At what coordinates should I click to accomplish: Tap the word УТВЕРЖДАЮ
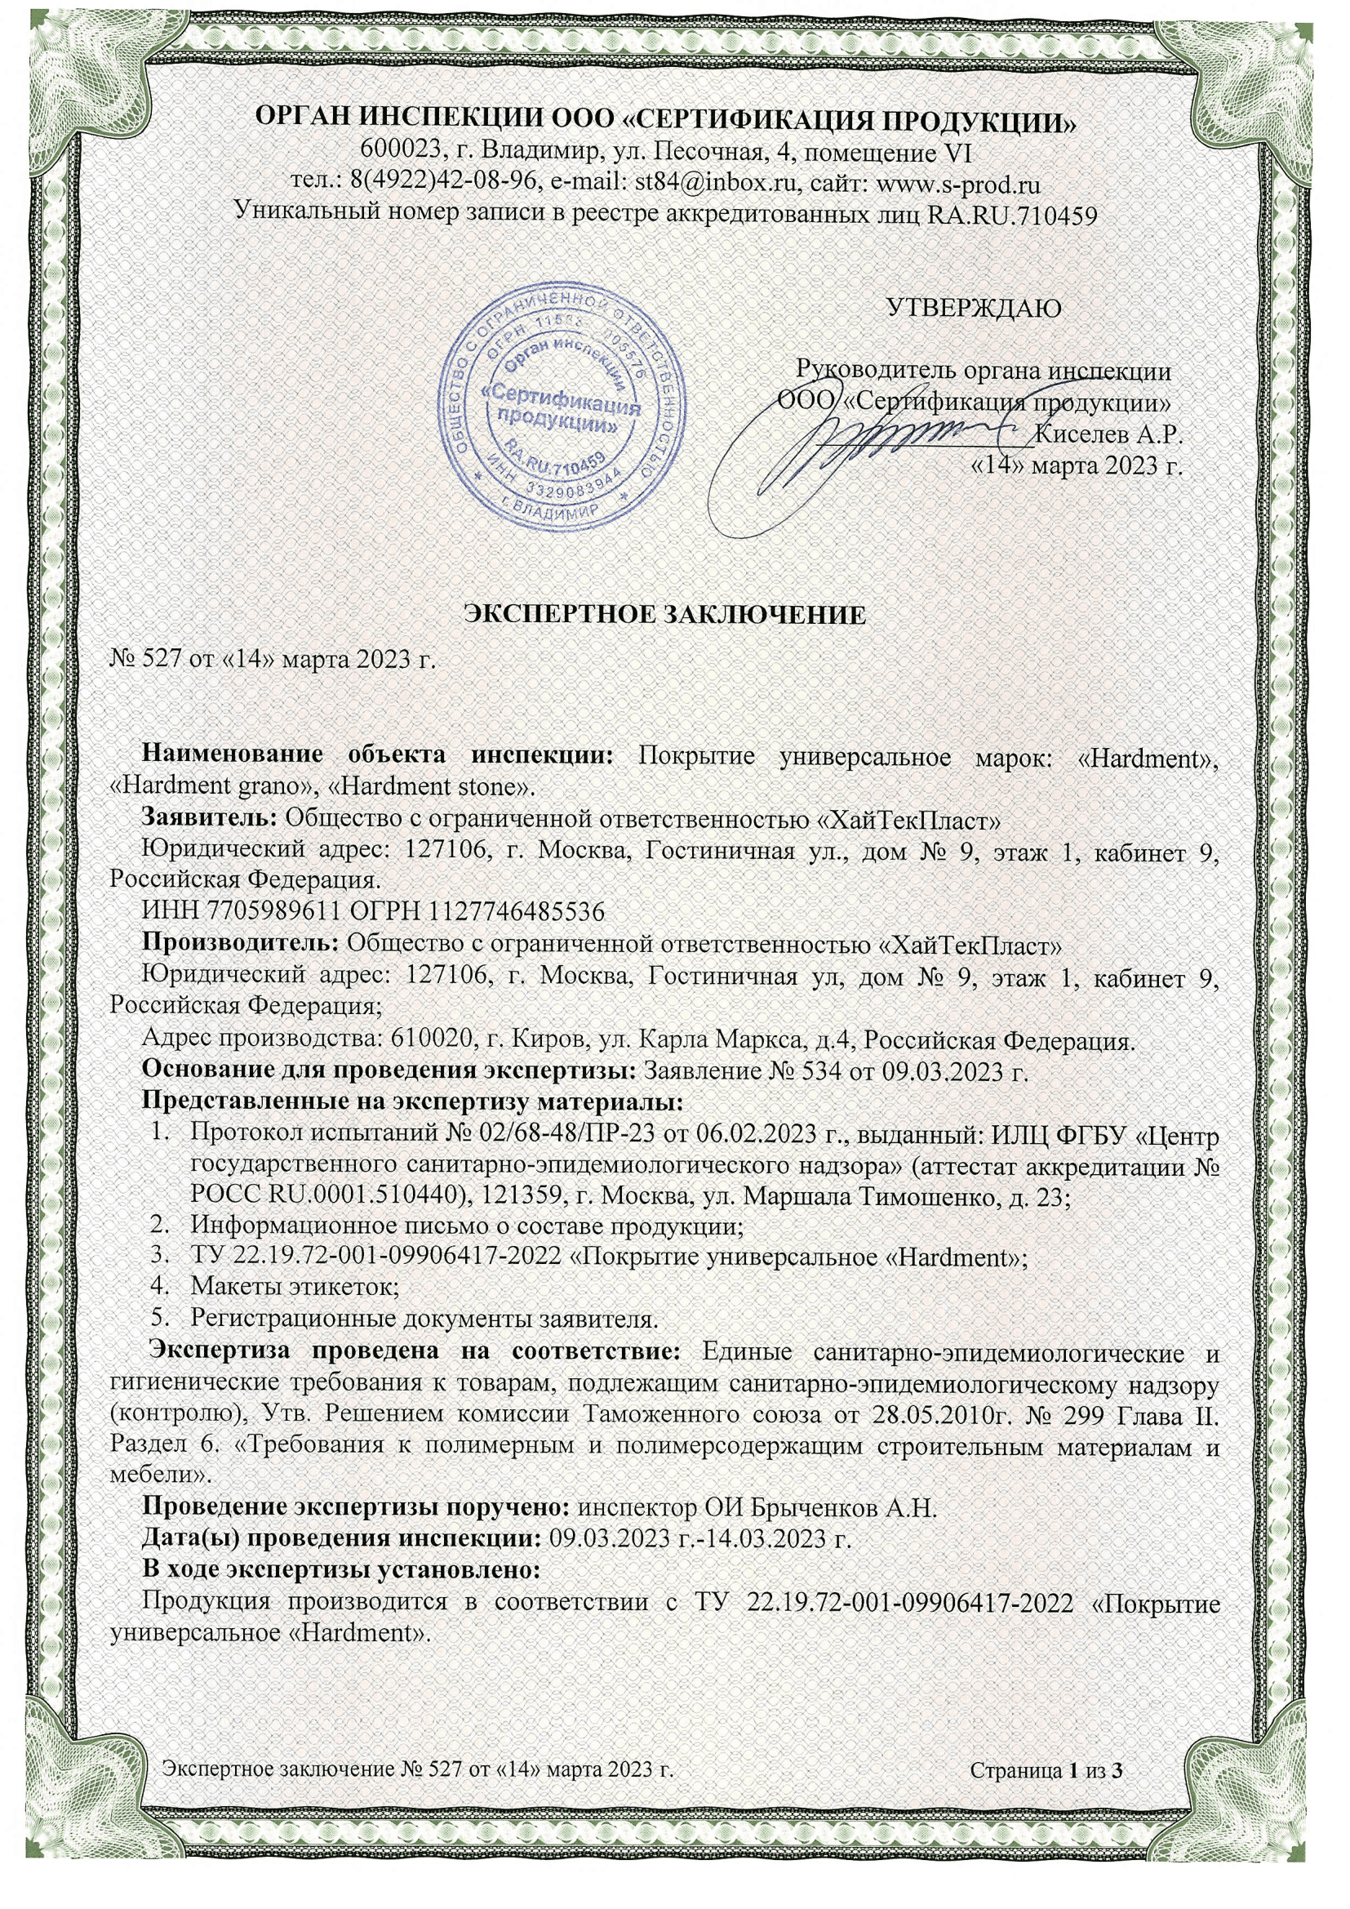[974, 309]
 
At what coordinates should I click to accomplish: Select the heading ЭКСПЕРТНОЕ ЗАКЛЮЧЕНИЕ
[664, 616]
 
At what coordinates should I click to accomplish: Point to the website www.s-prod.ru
[958, 183]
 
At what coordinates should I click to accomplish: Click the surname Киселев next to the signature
[1081, 434]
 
